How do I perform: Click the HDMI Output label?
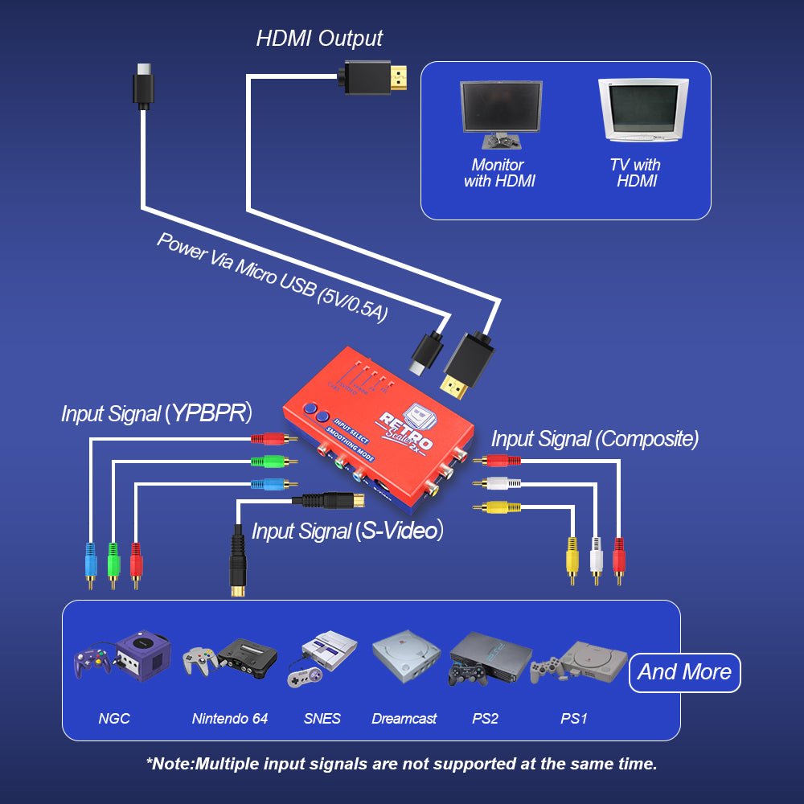tap(319, 38)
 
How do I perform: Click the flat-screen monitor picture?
tap(500, 112)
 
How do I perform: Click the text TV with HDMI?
tap(635, 173)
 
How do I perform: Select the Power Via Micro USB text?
tap(272, 278)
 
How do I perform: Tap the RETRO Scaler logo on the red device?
tap(408, 430)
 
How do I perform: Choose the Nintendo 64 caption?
tap(230, 718)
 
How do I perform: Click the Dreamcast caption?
tap(404, 718)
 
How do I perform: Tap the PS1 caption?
tap(573, 718)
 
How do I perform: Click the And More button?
tap(684, 672)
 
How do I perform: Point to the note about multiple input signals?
tap(401, 764)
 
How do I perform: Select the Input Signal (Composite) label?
tap(594, 438)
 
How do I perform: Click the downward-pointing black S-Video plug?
tap(237, 563)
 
